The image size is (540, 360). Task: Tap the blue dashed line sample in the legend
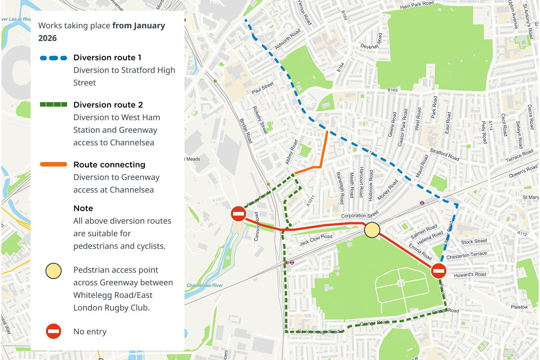point(54,58)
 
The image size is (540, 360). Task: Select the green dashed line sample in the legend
point(54,105)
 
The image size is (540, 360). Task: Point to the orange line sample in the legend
point(54,165)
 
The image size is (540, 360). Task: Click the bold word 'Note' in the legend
point(83,208)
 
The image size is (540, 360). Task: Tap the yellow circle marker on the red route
point(372,230)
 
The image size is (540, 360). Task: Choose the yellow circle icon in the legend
point(53,272)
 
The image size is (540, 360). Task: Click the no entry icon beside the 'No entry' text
point(53,332)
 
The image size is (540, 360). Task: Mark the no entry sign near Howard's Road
point(438,271)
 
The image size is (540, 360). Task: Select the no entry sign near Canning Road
point(238,214)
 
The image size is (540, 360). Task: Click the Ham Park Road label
point(417,5)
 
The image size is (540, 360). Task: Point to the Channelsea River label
point(205,285)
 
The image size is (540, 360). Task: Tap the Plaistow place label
point(519,307)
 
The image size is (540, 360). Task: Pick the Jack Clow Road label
point(316,240)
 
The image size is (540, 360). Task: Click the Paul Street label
point(263,88)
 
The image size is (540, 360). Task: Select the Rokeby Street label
point(260,120)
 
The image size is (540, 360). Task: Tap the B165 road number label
point(393,90)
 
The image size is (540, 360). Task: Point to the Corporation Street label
point(360,215)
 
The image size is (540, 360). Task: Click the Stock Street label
point(474,242)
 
